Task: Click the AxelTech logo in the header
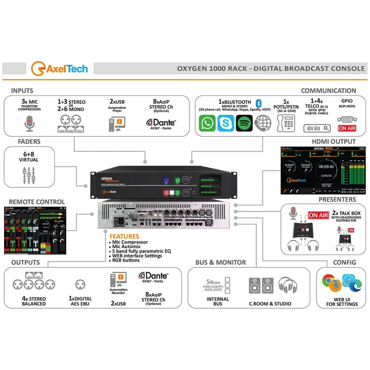(60, 69)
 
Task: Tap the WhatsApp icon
(207, 123)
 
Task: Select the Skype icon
(225, 123)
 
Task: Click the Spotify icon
(244, 123)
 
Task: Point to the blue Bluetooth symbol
(259, 102)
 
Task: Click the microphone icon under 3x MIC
(30, 124)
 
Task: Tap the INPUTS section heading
(22, 91)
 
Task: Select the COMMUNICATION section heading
(328, 91)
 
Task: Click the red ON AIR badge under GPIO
(347, 128)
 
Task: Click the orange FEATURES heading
(124, 236)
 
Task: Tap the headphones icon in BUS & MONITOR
(287, 286)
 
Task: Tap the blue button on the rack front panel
(166, 180)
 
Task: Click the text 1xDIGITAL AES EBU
(80, 301)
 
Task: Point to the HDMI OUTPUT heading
(333, 142)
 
